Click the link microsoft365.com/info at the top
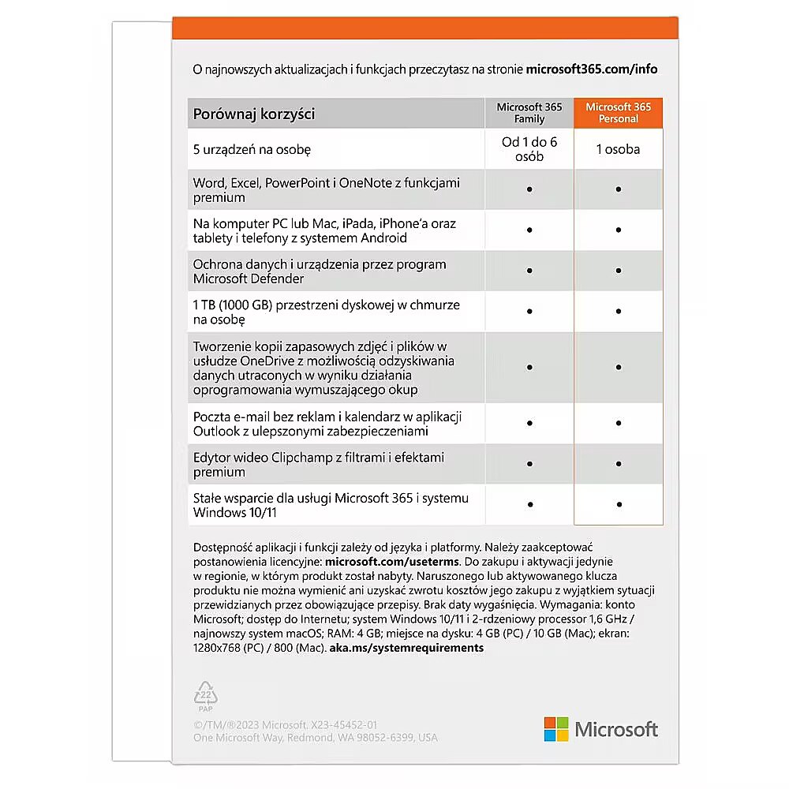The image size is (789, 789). coord(592,69)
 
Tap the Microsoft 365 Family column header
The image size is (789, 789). coord(529,113)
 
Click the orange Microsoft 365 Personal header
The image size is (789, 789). coord(619,113)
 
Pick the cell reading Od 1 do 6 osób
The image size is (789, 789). coord(529,149)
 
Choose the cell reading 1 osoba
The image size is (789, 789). coord(619,149)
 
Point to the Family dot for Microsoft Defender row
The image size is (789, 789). coord(529,271)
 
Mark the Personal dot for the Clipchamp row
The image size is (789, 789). coord(619,464)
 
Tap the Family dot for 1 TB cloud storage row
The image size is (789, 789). coord(529,312)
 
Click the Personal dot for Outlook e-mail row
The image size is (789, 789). coord(619,423)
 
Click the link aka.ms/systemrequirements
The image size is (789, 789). coord(407,648)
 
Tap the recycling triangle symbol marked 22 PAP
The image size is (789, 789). coord(205,694)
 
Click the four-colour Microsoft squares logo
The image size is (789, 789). coord(555,729)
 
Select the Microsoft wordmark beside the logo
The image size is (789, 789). coord(616,729)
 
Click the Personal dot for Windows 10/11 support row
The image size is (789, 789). coord(619,504)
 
